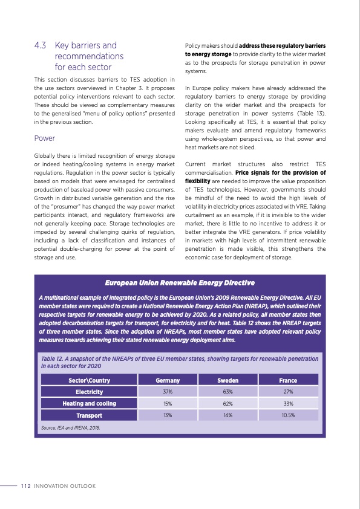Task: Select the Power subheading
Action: coord(45,138)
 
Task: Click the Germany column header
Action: coord(168,380)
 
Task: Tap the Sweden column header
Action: coord(227,380)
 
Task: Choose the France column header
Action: coord(287,380)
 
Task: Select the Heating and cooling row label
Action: coord(89,403)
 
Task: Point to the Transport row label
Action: coord(89,415)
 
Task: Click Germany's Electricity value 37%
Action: coord(168,392)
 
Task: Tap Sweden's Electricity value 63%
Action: coord(227,392)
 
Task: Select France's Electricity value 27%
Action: coord(287,392)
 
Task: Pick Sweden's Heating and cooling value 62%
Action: coord(227,403)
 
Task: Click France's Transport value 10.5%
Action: coord(287,415)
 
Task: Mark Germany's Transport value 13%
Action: coord(168,415)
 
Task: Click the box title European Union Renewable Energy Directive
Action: coord(180,283)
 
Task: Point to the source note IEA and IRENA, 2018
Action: coord(70,427)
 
